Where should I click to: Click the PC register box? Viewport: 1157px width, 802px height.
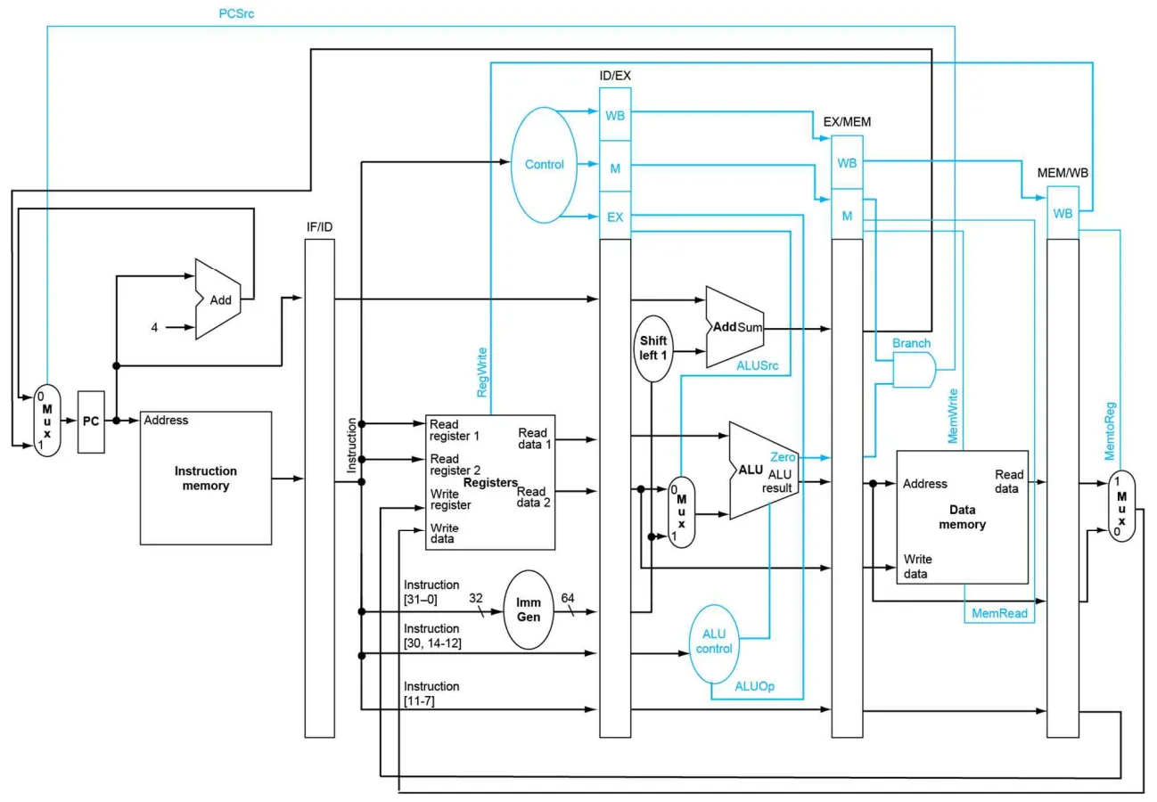pos(91,421)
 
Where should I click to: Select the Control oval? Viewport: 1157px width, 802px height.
pos(544,165)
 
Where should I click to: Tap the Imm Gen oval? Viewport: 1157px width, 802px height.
pos(529,610)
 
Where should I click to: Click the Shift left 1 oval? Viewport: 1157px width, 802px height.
pos(653,348)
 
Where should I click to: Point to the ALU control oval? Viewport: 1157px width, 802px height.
pos(714,644)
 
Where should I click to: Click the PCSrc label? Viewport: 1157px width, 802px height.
pos(236,14)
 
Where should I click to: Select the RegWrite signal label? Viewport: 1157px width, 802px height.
pos(482,372)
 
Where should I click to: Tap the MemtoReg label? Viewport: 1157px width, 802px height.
pos(1110,430)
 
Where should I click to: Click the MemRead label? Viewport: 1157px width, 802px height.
pos(999,613)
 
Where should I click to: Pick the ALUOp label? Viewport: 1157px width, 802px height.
pos(755,686)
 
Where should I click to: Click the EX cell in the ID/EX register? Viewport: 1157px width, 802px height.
pos(615,217)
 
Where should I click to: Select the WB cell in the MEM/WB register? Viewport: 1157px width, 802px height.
pos(1063,213)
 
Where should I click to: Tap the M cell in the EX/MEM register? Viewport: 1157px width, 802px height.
pos(847,216)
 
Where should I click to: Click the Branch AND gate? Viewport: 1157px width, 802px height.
pos(915,370)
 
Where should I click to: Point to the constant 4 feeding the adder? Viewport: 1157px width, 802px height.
pos(154,327)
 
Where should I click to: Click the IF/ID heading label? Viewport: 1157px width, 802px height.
pos(320,227)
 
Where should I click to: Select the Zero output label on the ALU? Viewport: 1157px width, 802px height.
pos(783,457)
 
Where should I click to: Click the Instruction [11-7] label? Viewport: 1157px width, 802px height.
pos(431,693)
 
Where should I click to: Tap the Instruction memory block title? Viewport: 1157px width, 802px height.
pos(206,479)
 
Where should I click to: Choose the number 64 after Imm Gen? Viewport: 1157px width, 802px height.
pos(568,598)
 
